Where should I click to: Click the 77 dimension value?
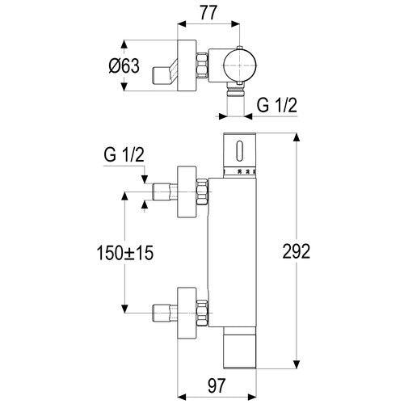pyautogui.click(x=208, y=13)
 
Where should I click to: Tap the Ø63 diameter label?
pyautogui.click(x=124, y=66)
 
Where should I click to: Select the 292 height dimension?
pyautogui.click(x=297, y=251)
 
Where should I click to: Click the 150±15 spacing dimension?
pyautogui.click(x=125, y=253)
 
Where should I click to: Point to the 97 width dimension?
pyautogui.click(x=216, y=385)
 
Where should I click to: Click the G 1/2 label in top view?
pyautogui.click(x=276, y=105)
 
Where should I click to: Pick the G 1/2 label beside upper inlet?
pyautogui.click(x=124, y=155)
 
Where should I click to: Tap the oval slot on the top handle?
pyautogui.click(x=240, y=151)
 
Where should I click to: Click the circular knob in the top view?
pyautogui.click(x=240, y=65)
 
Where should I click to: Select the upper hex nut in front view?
pyautogui.click(x=202, y=191)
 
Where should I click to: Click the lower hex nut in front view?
pyautogui.click(x=202, y=313)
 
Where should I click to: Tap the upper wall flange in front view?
pyautogui.click(x=187, y=191)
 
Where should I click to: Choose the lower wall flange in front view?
pyautogui.click(x=187, y=313)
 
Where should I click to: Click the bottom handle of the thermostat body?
pyautogui.click(x=240, y=348)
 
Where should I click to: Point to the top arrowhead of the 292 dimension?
pyautogui.click(x=297, y=138)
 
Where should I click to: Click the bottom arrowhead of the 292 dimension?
pyautogui.click(x=297, y=364)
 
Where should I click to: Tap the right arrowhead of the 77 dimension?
pyautogui.click(x=235, y=23)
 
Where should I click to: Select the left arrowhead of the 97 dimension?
pyautogui.click(x=182, y=397)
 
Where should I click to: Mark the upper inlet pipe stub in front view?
pyautogui.click(x=165, y=191)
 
